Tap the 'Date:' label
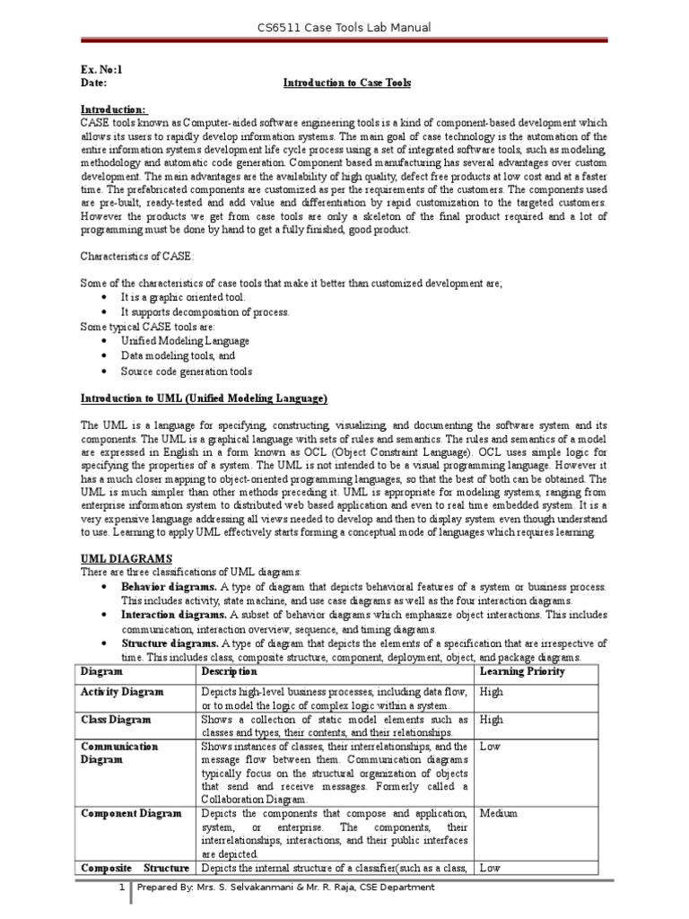[94, 83]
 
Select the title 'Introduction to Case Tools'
[347, 83]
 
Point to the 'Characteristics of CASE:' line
[136, 256]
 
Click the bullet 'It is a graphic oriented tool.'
[182, 297]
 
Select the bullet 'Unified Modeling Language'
[186, 341]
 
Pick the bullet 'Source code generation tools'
[187, 371]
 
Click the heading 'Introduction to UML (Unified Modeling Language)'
[205, 398]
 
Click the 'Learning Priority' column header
[522, 671]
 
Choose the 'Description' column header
[230, 671]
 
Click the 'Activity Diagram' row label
[122, 692]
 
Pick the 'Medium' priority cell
[498, 814]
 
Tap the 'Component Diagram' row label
[131, 814]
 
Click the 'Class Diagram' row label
[116, 720]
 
